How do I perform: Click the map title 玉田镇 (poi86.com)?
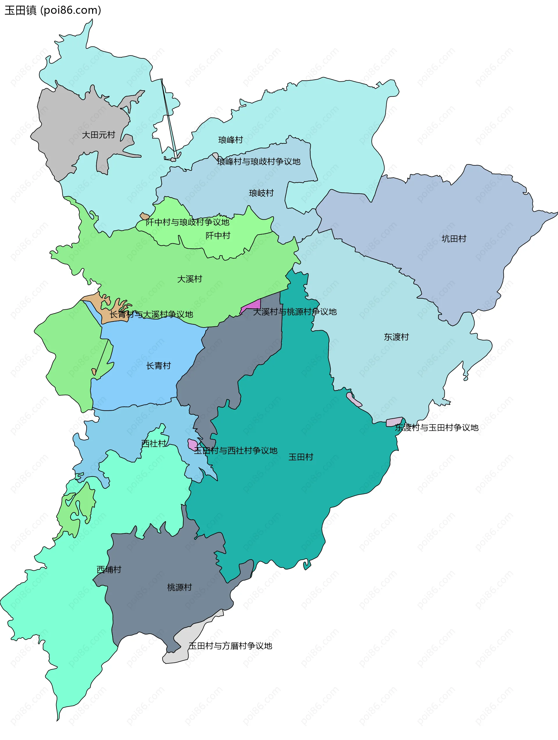(53, 10)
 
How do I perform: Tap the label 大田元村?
(99, 135)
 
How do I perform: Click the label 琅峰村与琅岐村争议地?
(258, 161)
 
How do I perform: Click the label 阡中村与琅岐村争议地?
(187, 222)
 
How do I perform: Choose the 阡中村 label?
(218, 236)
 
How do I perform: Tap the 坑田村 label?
(454, 239)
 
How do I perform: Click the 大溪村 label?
(189, 279)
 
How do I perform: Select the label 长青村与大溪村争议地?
(151, 315)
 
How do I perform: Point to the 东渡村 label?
(396, 337)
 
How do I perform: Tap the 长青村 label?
(158, 366)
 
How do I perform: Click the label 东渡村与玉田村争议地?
(437, 428)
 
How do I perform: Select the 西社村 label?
(153, 443)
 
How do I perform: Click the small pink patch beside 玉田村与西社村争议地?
(192, 444)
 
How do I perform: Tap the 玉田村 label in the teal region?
(301, 457)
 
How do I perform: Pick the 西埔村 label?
(109, 570)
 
